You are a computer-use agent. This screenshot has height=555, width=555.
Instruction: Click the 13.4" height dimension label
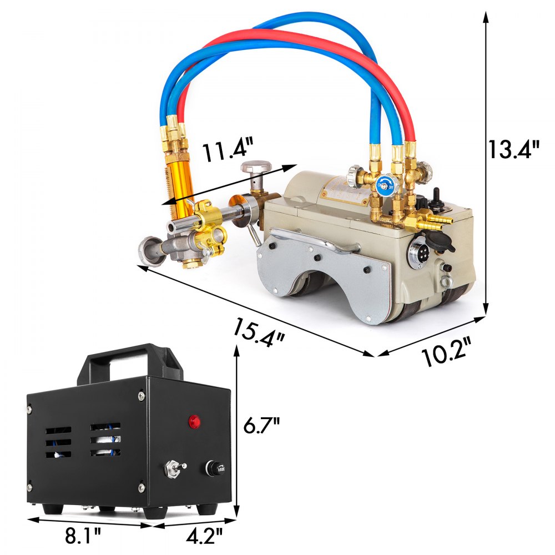tap(513, 149)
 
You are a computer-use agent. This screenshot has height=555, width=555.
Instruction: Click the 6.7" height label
tap(261, 428)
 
